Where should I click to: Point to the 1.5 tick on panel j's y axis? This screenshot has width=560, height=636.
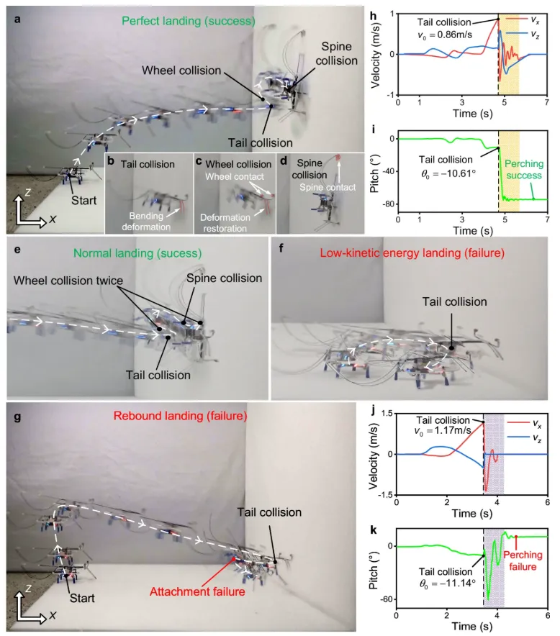tap(388, 413)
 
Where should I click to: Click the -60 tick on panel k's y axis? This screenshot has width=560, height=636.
tap(387, 599)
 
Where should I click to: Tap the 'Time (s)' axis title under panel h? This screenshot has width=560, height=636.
tap(471, 113)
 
